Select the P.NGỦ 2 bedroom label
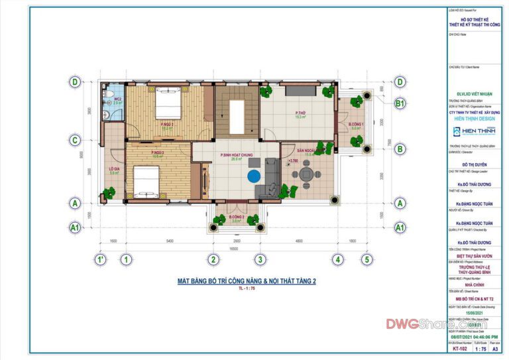tap(166, 124)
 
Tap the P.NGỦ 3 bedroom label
tap(157, 153)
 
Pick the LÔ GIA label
tap(113, 170)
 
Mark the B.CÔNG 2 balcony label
tap(237, 218)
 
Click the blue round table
tap(254, 177)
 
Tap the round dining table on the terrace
tap(306, 176)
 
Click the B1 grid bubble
tap(400, 103)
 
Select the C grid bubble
tap(76, 140)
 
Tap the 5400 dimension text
tap(169, 240)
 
